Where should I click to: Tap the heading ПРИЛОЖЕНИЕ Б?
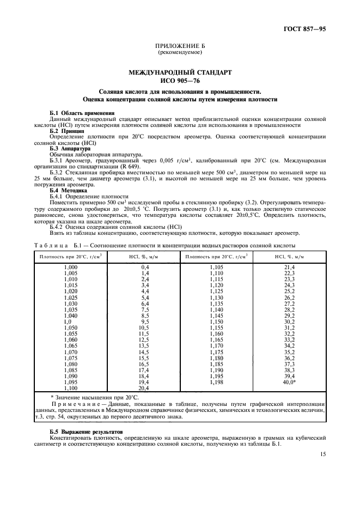pos(180,47)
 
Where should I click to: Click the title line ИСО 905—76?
pos(180,80)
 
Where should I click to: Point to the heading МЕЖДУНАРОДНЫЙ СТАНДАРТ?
pos(180,72)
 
